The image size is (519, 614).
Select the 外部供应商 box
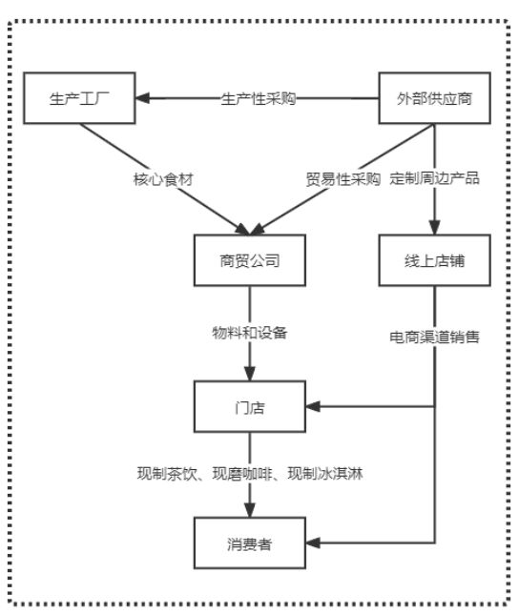click(x=434, y=98)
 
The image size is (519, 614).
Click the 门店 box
click(x=249, y=407)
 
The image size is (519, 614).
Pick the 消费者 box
click(x=249, y=544)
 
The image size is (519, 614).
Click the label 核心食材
click(x=162, y=178)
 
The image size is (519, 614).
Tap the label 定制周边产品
click(x=435, y=178)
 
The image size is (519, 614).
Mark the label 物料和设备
click(x=249, y=334)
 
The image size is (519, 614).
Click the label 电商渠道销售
click(x=435, y=336)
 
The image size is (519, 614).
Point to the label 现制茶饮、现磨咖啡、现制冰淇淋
click(x=250, y=475)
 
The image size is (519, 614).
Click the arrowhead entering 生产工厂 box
click(x=144, y=98)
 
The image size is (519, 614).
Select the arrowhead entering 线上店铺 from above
click(x=435, y=229)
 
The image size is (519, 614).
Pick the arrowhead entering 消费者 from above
click(x=250, y=512)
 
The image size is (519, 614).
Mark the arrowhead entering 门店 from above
click(x=250, y=375)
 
